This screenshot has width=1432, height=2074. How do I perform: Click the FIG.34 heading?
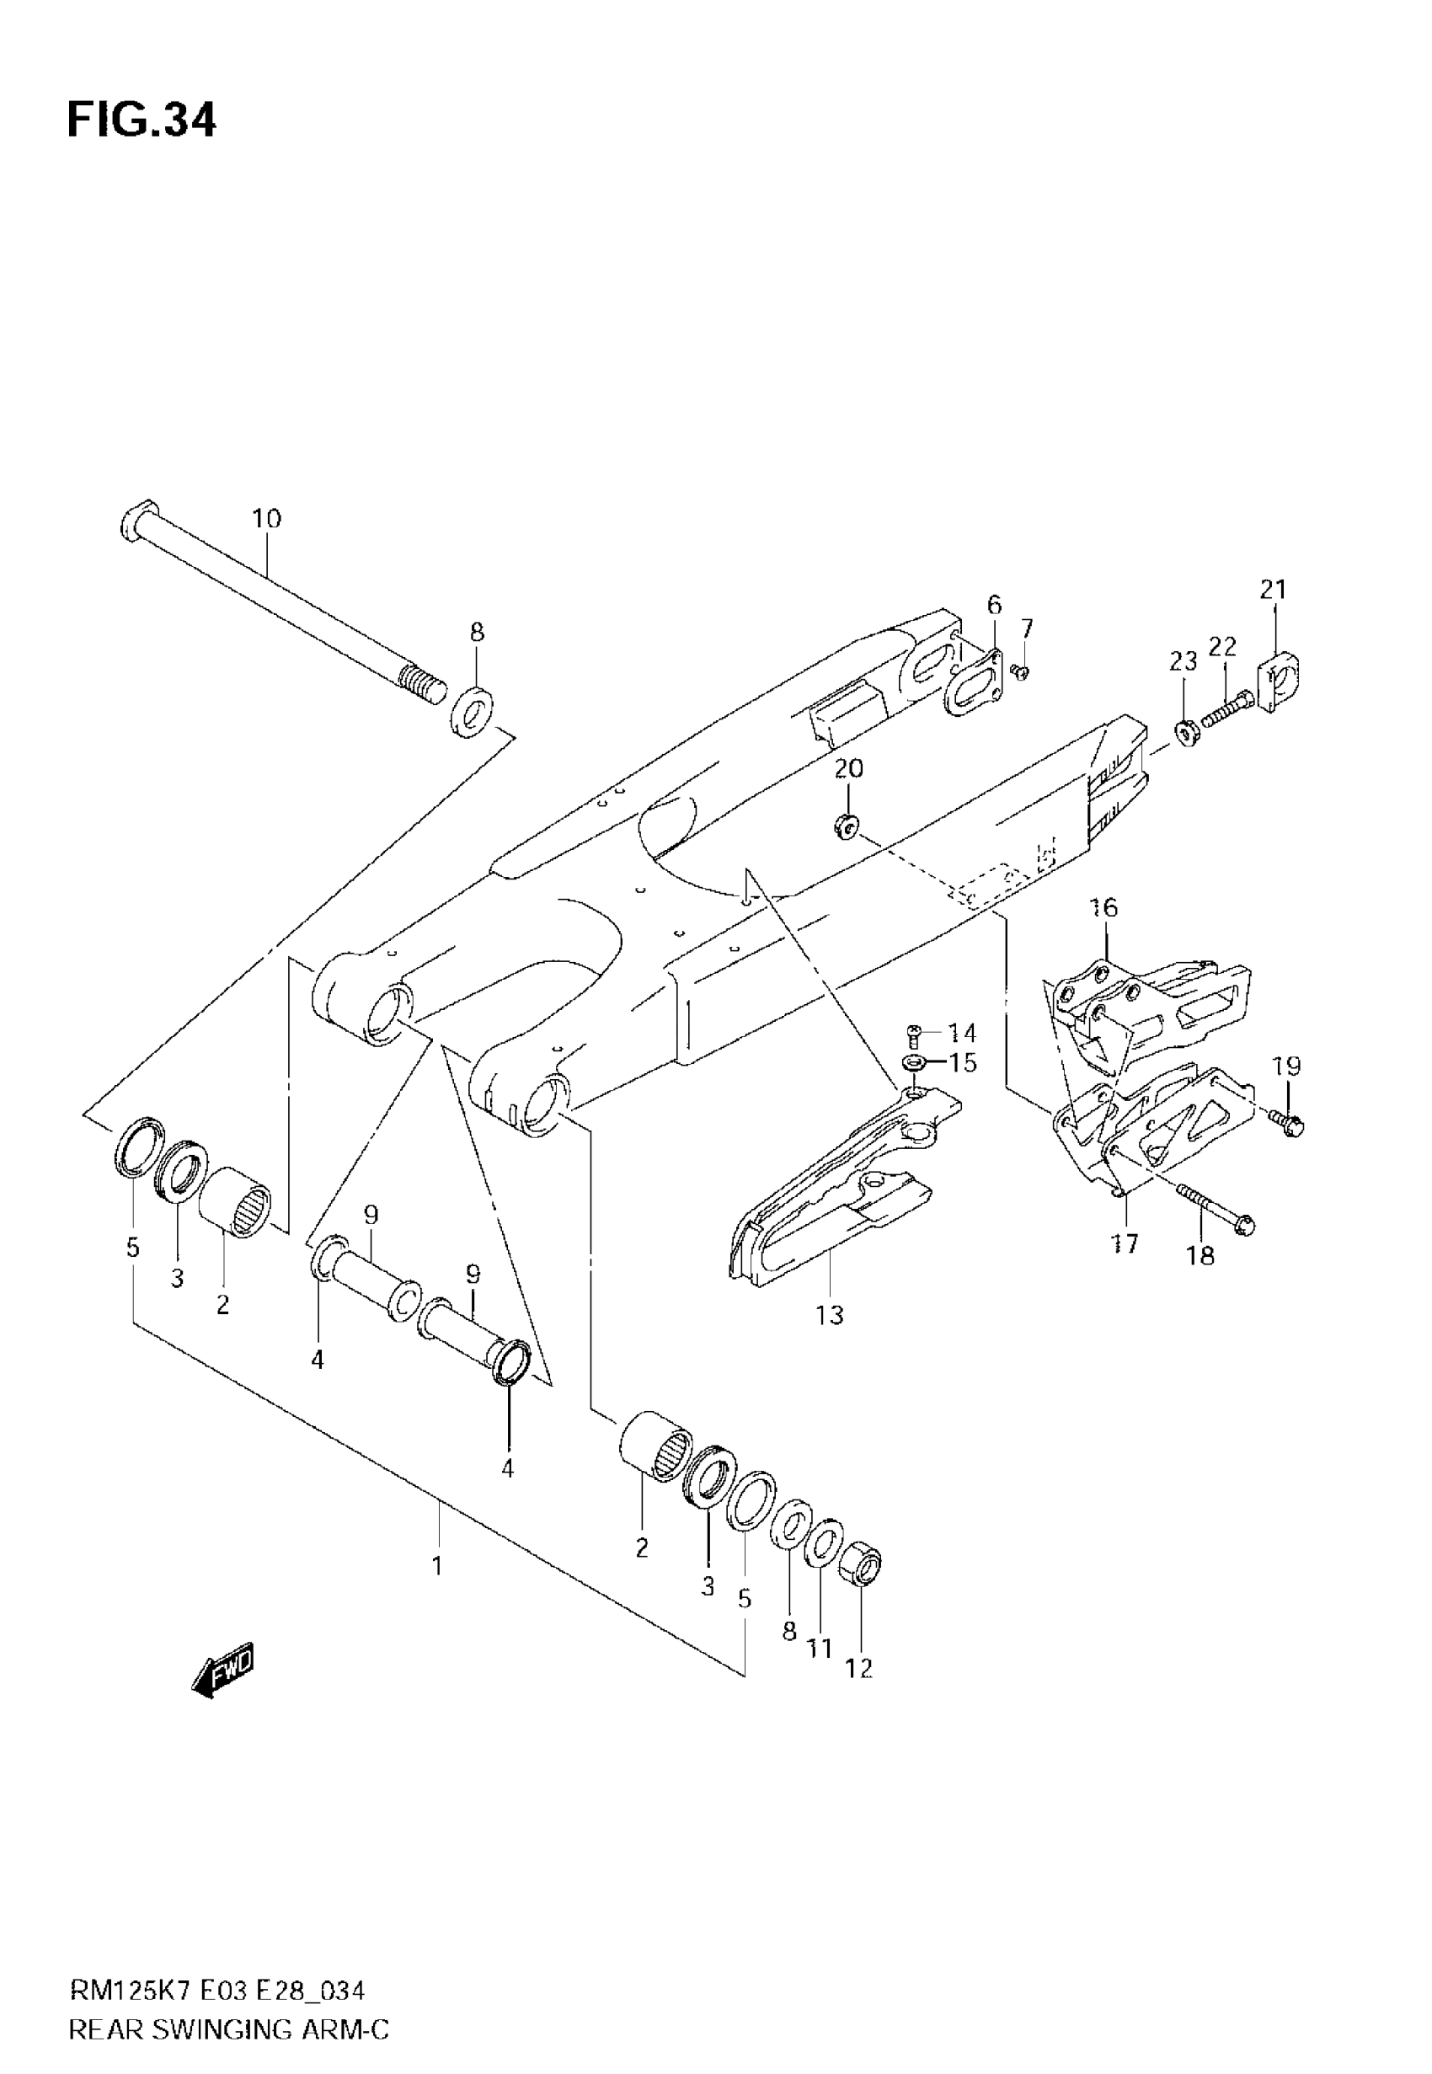pyautogui.click(x=141, y=120)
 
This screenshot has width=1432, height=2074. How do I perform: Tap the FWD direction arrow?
pyautogui.click(x=224, y=1670)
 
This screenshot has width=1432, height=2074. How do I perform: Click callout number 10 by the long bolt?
pyautogui.click(x=266, y=519)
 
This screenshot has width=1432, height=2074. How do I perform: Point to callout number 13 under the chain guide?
pyautogui.click(x=830, y=1315)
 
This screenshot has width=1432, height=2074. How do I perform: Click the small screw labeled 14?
pyautogui.click(x=914, y=1033)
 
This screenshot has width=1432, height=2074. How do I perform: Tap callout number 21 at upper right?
pyautogui.click(x=1273, y=590)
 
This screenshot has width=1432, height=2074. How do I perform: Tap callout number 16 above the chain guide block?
pyautogui.click(x=1103, y=908)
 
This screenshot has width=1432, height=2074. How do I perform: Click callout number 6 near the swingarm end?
pyautogui.click(x=994, y=605)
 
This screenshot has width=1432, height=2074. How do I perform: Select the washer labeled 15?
pyautogui.click(x=914, y=1063)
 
